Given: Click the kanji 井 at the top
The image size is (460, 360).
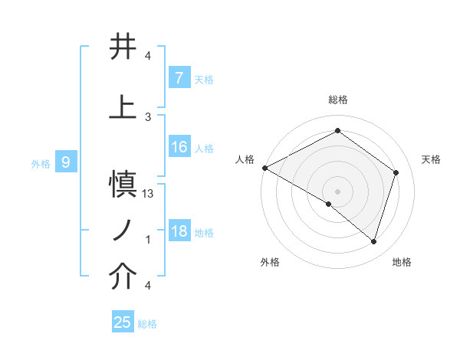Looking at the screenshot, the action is [x=123, y=47].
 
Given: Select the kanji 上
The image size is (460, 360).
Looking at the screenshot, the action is [x=123, y=106].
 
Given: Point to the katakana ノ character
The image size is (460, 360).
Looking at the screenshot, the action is [x=123, y=230].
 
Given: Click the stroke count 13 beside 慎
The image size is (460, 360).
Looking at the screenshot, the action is [x=149, y=195].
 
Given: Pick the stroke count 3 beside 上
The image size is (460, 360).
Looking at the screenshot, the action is [x=148, y=116].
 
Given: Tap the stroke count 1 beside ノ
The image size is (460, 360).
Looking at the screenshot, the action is [x=148, y=240].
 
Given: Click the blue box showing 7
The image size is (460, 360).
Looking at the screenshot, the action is [x=179, y=78].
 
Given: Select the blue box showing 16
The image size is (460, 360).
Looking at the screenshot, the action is [x=179, y=147].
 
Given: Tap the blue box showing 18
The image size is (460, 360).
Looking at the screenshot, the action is [x=179, y=231].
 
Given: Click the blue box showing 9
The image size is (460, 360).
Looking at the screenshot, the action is [x=66, y=162].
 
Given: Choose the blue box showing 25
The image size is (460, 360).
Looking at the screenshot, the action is [x=123, y=322].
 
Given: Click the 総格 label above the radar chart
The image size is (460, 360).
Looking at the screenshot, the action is [x=337, y=100].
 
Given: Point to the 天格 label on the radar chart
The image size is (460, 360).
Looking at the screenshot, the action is [x=432, y=159].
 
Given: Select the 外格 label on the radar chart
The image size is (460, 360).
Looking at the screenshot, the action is [x=269, y=262].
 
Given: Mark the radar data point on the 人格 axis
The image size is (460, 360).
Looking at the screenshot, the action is [x=264, y=168].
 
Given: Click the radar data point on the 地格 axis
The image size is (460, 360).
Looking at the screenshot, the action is [x=373, y=241].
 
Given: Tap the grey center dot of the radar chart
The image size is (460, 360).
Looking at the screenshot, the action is [x=337, y=191].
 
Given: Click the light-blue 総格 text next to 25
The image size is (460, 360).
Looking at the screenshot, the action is [x=148, y=324].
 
